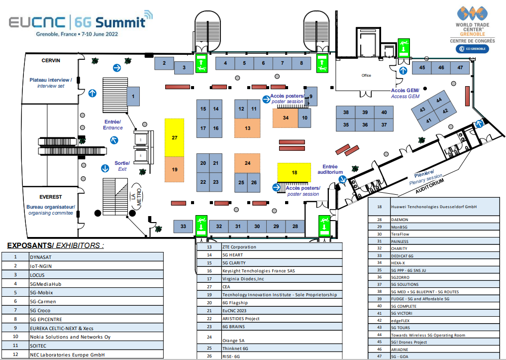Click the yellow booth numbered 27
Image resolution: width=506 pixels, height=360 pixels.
click(175, 137)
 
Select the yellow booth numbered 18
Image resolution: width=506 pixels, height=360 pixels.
click(294, 172)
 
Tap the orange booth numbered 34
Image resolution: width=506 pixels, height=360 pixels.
click(285, 118)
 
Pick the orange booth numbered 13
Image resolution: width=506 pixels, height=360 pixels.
click(247, 128)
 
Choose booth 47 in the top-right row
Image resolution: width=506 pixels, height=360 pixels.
click(460, 67)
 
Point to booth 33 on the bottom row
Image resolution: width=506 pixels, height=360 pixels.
click(183, 227)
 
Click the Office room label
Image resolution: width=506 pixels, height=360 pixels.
click(366, 76)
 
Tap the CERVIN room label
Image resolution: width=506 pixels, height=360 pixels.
click(51, 61)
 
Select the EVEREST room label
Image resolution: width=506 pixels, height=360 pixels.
click(51, 197)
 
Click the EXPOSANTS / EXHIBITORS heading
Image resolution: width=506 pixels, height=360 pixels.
click(56, 245)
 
